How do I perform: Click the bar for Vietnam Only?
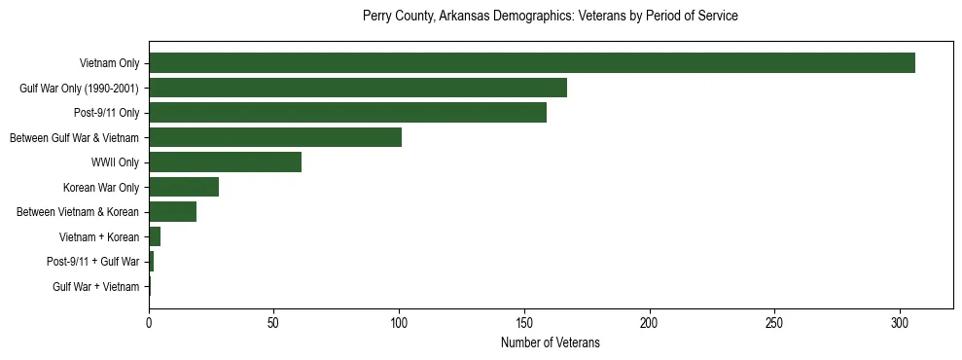[x=531, y=63]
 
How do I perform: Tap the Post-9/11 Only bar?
[x=347, y=113]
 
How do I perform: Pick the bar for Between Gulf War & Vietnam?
[x=275, y=137]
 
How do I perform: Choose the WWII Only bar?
[x=225, y=162]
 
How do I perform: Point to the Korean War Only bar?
[x=184, y=187]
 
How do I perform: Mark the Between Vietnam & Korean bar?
[x=172, y=212]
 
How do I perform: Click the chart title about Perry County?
[x=550, y=17]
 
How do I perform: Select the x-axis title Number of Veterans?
[x=550, y=343]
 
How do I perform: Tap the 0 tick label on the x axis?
[x=149, y=322]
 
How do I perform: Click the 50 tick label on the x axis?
[x=274, y=322]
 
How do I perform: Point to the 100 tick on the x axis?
[x=399, y=322]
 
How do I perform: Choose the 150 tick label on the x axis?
[x=524, y=322]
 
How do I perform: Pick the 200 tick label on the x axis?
[x=650, y=322]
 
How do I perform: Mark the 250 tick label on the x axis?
[x=774, y=322]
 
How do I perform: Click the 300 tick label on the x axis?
[x=900, y=322]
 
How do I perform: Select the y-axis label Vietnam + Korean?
[x=99, y=236]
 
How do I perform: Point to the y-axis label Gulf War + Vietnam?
[x=96, y=286]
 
